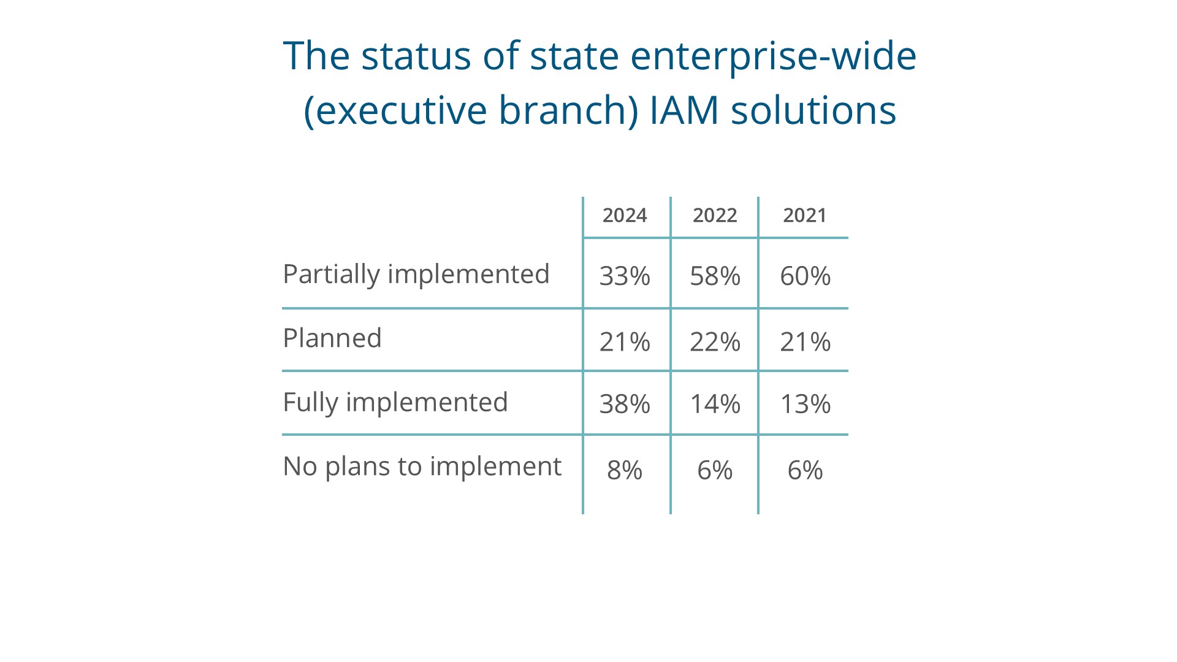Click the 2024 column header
(x=625, y=215)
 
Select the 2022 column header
(x=715, y=215)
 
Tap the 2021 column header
(x=805, y=215)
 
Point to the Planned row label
(x=332, y=338)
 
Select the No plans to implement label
(x=422, y=467)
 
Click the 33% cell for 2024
(x=625, y=276)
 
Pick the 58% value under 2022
(x=715, y=276)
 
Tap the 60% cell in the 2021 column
(x=805, y=276)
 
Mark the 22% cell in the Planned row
(x=715, y=341)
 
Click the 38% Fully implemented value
(x=625, y=404)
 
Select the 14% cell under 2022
(x=715, y=404)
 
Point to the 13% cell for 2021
(x=805, y=404)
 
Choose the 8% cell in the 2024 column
(x=625, y=470)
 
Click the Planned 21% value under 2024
(x=625, y=341)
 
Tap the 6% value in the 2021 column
(x=805, y=470)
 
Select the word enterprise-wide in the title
(x=773, y=57)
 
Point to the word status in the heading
(x=416, y=56)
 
